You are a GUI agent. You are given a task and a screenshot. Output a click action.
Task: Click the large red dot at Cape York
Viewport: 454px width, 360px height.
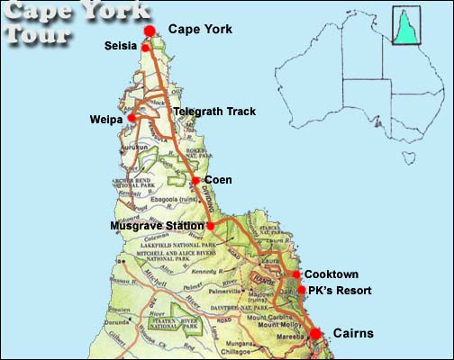(x=150, y=31)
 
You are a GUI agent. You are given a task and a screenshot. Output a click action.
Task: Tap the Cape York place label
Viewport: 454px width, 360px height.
(x=200, y=30)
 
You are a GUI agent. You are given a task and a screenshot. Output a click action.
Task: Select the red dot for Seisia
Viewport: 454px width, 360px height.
(x=145, y=48)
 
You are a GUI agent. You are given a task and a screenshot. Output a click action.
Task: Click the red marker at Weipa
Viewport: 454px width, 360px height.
(x=132, y=117)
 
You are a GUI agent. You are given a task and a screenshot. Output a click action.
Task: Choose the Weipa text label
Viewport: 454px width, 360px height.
(x=106, y=119)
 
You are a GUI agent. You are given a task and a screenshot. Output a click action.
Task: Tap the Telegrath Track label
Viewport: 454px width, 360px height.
(x=214, y=112)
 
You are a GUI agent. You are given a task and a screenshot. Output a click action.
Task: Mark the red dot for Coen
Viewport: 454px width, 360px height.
(x=195, y=180)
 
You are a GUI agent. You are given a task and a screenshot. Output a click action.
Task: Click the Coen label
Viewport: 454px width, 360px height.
(x=219, y=180)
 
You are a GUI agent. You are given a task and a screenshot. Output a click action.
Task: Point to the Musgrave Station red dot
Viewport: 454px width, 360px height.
(x=211, y=225)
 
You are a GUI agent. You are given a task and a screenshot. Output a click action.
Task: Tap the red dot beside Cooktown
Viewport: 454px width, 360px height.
(x=296, y=274)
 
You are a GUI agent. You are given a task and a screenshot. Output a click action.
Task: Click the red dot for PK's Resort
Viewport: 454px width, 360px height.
(x=302, y=290)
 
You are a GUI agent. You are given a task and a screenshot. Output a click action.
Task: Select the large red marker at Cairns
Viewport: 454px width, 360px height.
(x=315, y=335)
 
